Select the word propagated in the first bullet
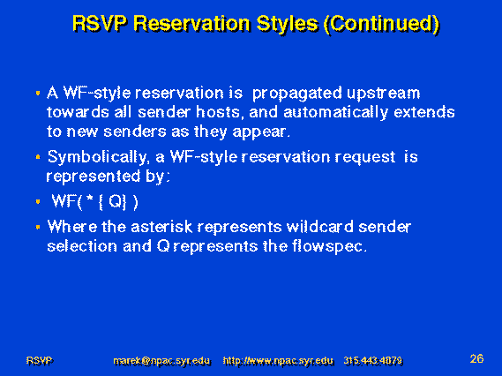click(297, 94)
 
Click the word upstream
click(383, 94)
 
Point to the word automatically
click(336, 113)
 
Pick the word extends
click(424, 112)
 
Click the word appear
click(260, 132)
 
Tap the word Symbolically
click(98, 158)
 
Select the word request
click(365, 158)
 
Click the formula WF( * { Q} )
click(94, 202)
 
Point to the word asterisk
click(161, 227)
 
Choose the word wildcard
click(320, 227)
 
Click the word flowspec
click(328, 247)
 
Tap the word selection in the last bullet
click(82, 246)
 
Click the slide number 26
click(476, 358)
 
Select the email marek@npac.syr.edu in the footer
click(162, 361)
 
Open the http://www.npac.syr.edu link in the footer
click(278, 361)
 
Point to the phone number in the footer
click(373, 361)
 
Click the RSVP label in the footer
click(40, 361)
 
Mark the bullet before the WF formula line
click(38, 202)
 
